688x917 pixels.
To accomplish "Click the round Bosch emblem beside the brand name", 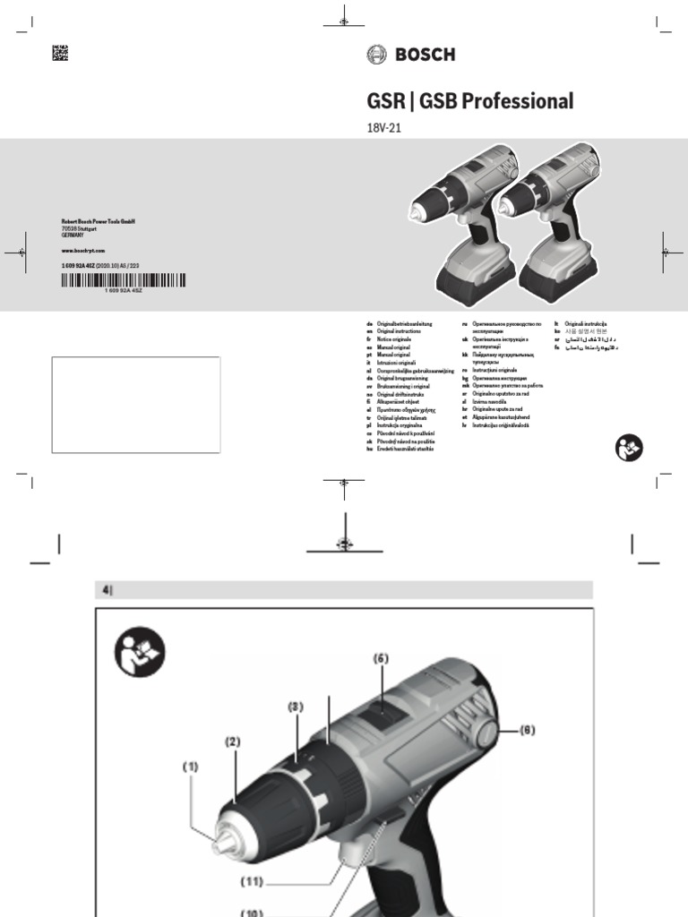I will [376, 55].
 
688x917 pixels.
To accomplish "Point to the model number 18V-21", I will [383, 127].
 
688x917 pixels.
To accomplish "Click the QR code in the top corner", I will [60, 52].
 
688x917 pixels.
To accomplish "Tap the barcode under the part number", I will [124, 279].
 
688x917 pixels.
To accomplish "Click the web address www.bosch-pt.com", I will [83, 251].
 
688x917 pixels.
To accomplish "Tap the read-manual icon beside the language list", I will [629, 448].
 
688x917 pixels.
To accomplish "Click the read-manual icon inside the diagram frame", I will [139, 652].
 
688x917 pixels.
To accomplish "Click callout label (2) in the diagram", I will [233, 741].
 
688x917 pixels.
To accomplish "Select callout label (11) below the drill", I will [254, 881].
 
